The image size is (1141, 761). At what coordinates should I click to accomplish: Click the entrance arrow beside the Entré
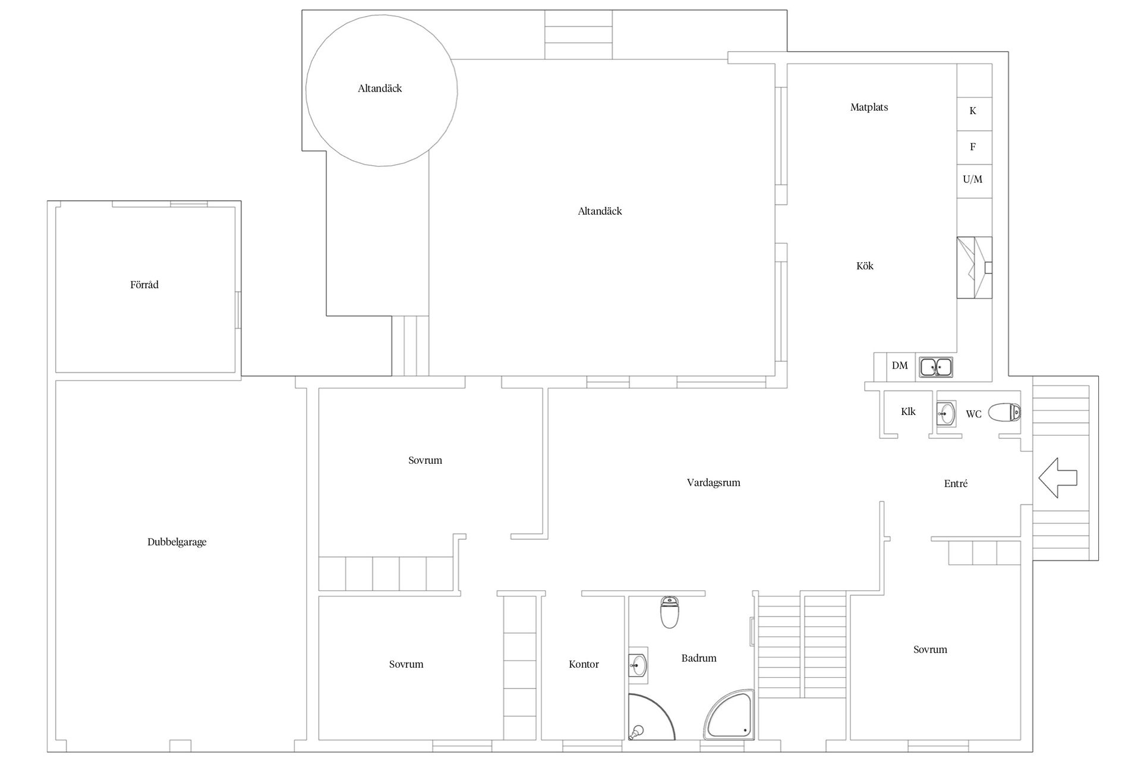coord(1058,477)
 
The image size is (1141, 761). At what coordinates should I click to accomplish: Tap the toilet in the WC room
coord(1005,412)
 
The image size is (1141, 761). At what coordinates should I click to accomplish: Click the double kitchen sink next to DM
coord(937,367)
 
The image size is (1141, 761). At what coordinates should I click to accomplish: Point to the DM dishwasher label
coord(900,365)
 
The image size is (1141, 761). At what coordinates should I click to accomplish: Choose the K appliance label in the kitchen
coord(973,111)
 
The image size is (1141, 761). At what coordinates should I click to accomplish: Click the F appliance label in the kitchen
coord(973,146)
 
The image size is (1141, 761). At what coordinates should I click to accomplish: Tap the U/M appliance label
coord(973,179)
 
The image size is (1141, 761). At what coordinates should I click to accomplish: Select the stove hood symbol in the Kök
coord(974,268)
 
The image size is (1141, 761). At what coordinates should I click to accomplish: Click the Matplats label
coord(869,108)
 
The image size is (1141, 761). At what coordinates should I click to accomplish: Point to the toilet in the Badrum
coord(670,612)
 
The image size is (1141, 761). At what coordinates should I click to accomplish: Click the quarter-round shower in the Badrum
coord(651,716)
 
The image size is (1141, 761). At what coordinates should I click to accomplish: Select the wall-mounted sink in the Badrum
coord(638,666)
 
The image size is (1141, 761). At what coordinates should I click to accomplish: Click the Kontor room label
coord(584,664)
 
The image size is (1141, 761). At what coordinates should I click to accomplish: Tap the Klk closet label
coord(908,411)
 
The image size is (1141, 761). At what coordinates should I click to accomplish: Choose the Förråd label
coord(144,285)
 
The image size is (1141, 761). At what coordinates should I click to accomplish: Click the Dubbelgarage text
coord(177,542)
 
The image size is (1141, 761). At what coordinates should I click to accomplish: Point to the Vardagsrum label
coord(714,483)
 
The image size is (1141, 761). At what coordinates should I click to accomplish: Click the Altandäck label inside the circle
coord(380,89)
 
